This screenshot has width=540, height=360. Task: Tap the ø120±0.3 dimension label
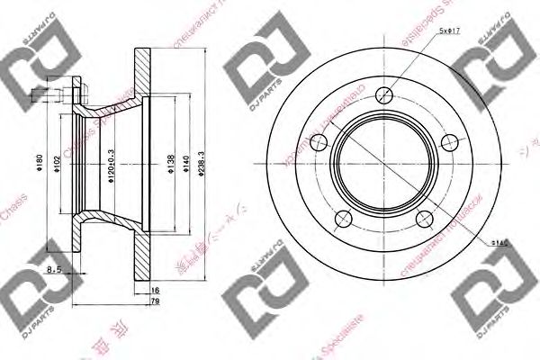pyautogui.click(x=112, y=165)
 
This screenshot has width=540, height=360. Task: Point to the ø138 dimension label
pyautogui.click(x=170, y=164)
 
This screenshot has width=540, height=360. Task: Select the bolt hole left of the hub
pyautogui.click(x=318, y=140)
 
